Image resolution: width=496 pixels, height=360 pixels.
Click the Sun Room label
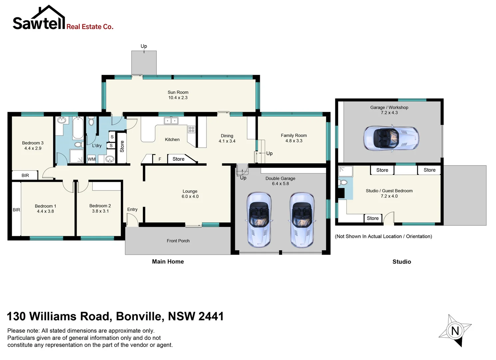[x=178, y=92]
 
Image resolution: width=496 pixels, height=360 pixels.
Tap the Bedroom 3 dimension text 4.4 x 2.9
[x=33, y=148]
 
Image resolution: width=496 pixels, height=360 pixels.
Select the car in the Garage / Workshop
[x=391, y=138]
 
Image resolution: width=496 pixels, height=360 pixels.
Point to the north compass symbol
[x=455, y=331]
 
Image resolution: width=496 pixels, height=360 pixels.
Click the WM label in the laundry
[x=92, y=159]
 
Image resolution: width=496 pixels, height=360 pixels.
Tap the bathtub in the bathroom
[x=78, y=128]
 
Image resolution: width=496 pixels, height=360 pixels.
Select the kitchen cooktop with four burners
[x=192, y=129]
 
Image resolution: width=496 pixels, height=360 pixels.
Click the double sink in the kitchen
[x=171, y=121]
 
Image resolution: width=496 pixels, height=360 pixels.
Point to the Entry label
[x=132, y=209]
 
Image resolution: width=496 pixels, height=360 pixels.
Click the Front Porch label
[x=178, y=241]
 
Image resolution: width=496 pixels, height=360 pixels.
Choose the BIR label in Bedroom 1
[x=16, y=210]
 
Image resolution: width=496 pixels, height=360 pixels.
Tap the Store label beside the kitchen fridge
[x=178, y=159]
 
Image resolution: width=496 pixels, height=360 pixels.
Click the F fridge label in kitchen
[x=160, y=159]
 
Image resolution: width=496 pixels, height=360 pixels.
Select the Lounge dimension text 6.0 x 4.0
[x=190, y=196]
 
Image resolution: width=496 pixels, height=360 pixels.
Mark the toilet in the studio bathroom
[x=343, y=182]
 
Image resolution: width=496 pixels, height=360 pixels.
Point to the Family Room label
[x=293, y=135]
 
